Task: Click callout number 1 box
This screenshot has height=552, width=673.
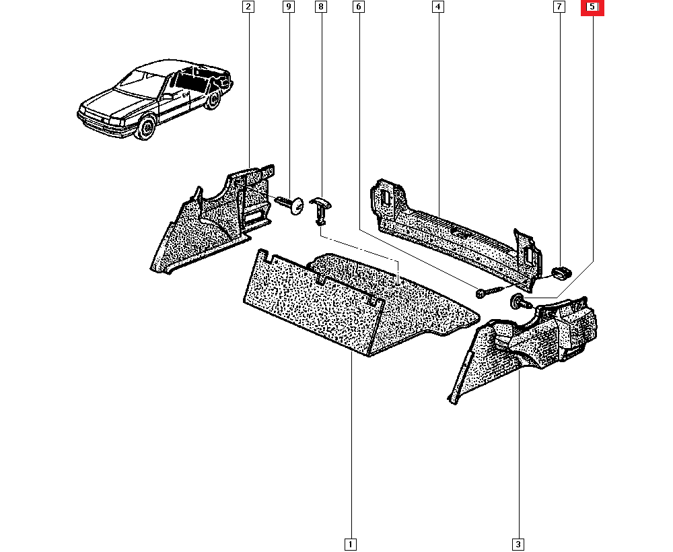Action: pos(350,543)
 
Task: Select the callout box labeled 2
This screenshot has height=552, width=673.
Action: pos(248,7)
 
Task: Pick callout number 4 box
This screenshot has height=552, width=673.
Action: pos(437,7)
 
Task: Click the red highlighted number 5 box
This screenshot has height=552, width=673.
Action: pos(593,7)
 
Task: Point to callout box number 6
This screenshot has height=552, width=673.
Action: pos(358,7)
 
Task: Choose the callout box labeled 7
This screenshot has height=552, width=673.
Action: pos(558,7)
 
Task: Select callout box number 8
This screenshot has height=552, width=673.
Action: pos(320,7)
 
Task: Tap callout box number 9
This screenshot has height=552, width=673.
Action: pos(288,7)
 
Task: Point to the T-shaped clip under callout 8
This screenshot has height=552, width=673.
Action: pos(322,208)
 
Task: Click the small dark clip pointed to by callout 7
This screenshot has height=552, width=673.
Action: pos(561,273)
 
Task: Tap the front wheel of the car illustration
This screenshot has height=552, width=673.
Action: pos(145,128)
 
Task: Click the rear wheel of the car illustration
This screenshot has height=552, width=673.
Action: pos(213,101)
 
